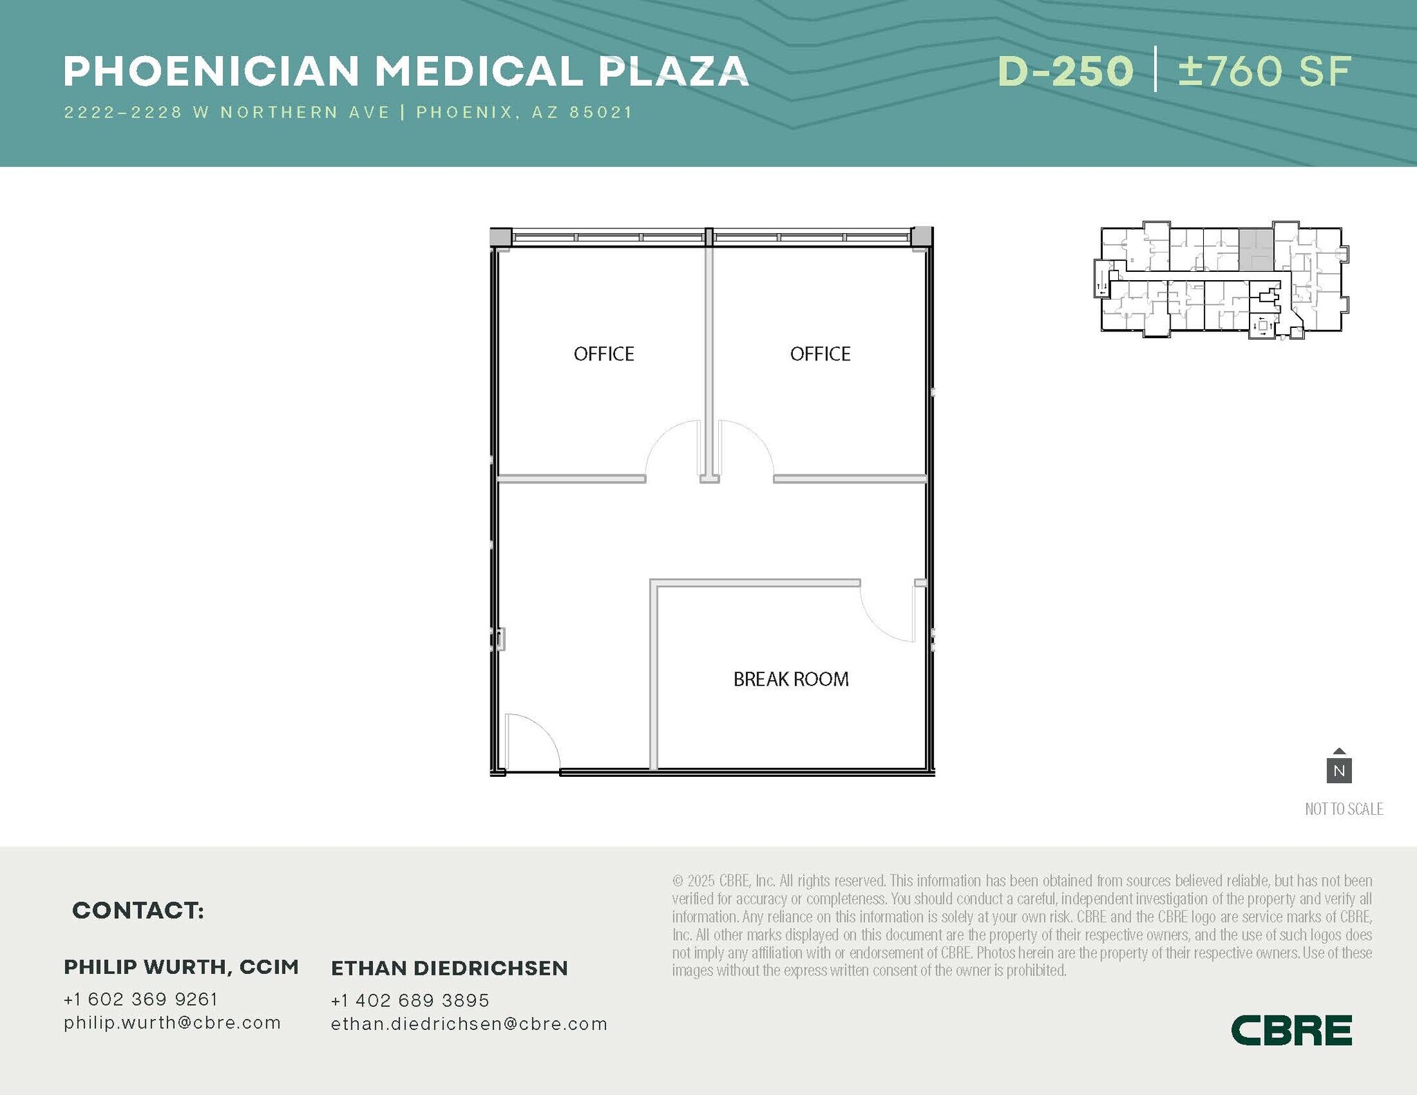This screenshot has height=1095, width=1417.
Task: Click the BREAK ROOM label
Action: [791, 679]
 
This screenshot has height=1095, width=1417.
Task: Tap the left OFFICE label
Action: [603, 354]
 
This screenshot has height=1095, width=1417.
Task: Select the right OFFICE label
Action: [820, 354]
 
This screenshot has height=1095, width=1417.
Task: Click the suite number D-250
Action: [1065, 71]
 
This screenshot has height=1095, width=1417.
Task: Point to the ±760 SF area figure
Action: [1265, 71]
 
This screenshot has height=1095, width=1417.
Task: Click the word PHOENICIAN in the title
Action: [212, 71]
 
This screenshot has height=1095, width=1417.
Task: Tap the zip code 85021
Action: [601, 113]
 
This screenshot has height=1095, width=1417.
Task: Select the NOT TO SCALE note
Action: [1344, 809]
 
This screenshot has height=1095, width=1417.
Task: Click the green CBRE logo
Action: [1291, 1030]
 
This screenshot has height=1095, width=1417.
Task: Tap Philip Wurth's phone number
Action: [140, 999]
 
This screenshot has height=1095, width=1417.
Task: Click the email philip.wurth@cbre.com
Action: [172, 1022]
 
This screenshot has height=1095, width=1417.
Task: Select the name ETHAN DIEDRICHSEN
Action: [449, 968]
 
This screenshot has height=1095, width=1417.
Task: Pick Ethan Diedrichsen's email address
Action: [468, 1024]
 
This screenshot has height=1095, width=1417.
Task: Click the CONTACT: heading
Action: [138, 910]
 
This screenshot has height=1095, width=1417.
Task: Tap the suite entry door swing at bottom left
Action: [531, 742]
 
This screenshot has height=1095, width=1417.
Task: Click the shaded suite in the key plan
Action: [1255, 250]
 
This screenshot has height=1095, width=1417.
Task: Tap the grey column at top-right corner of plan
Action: [921, 237]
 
